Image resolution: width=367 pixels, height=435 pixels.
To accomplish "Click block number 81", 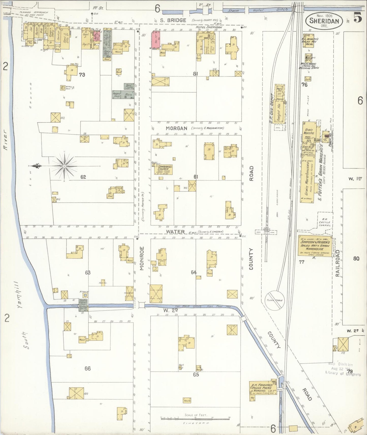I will click(x=195, y=74).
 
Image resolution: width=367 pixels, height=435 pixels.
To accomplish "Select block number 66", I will click(x=87, y=369).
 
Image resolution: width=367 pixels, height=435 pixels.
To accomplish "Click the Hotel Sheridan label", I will click(x=209, y=27).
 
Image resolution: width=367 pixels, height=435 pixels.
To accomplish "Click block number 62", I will click(x=83, y=177).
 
